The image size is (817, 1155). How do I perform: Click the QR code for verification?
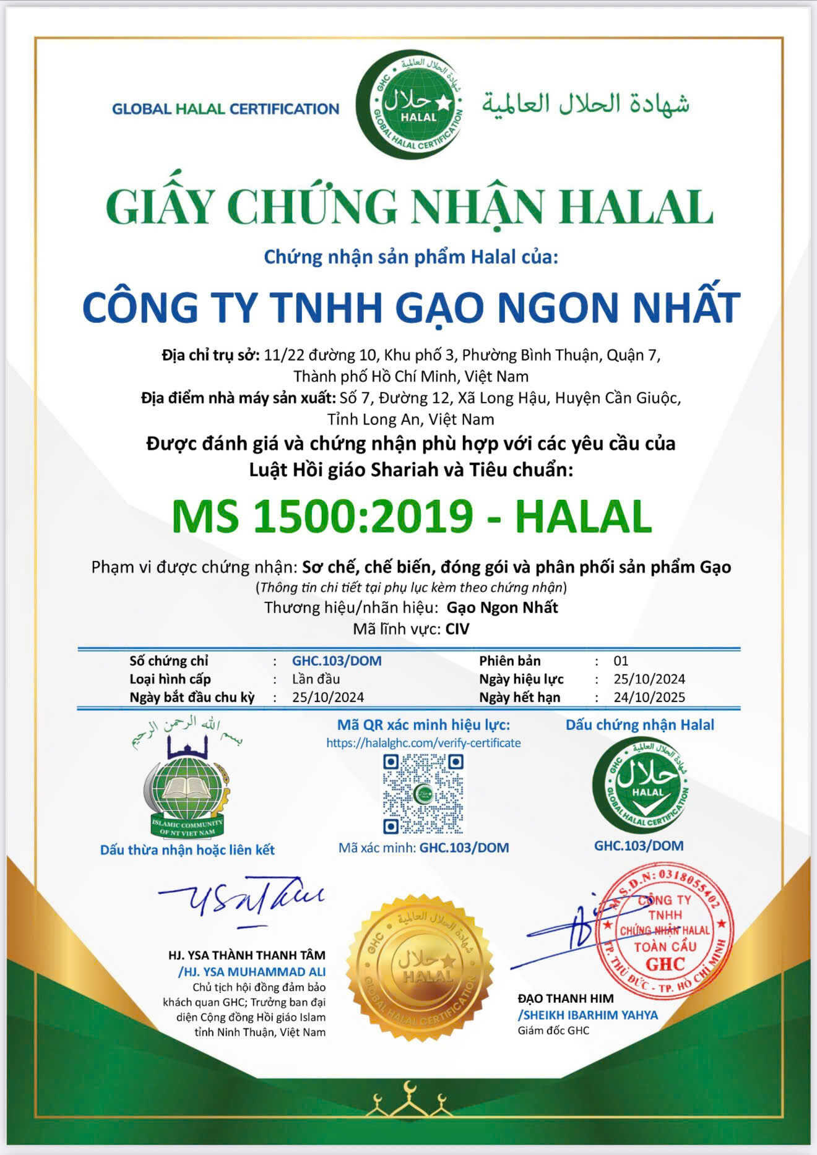[x=423, y=794]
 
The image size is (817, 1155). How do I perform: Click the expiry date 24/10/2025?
[x=649, y=697]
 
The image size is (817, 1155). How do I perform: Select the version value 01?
[x=621, y=661]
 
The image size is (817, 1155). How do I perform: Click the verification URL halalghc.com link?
[x=423, y=743]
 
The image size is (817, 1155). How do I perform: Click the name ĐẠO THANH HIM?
[x=566, y=998]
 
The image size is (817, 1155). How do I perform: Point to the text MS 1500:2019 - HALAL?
[x=412, y=516]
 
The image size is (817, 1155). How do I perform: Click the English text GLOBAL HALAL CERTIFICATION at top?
[x=225, y=109]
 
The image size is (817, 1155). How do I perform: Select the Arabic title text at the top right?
[x=586, y=103]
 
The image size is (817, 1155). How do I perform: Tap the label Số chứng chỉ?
[x=169, y=661]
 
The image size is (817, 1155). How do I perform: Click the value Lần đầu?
[x=316, y=679]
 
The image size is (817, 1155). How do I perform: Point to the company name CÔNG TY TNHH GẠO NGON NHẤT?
[x=412, y=307]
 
